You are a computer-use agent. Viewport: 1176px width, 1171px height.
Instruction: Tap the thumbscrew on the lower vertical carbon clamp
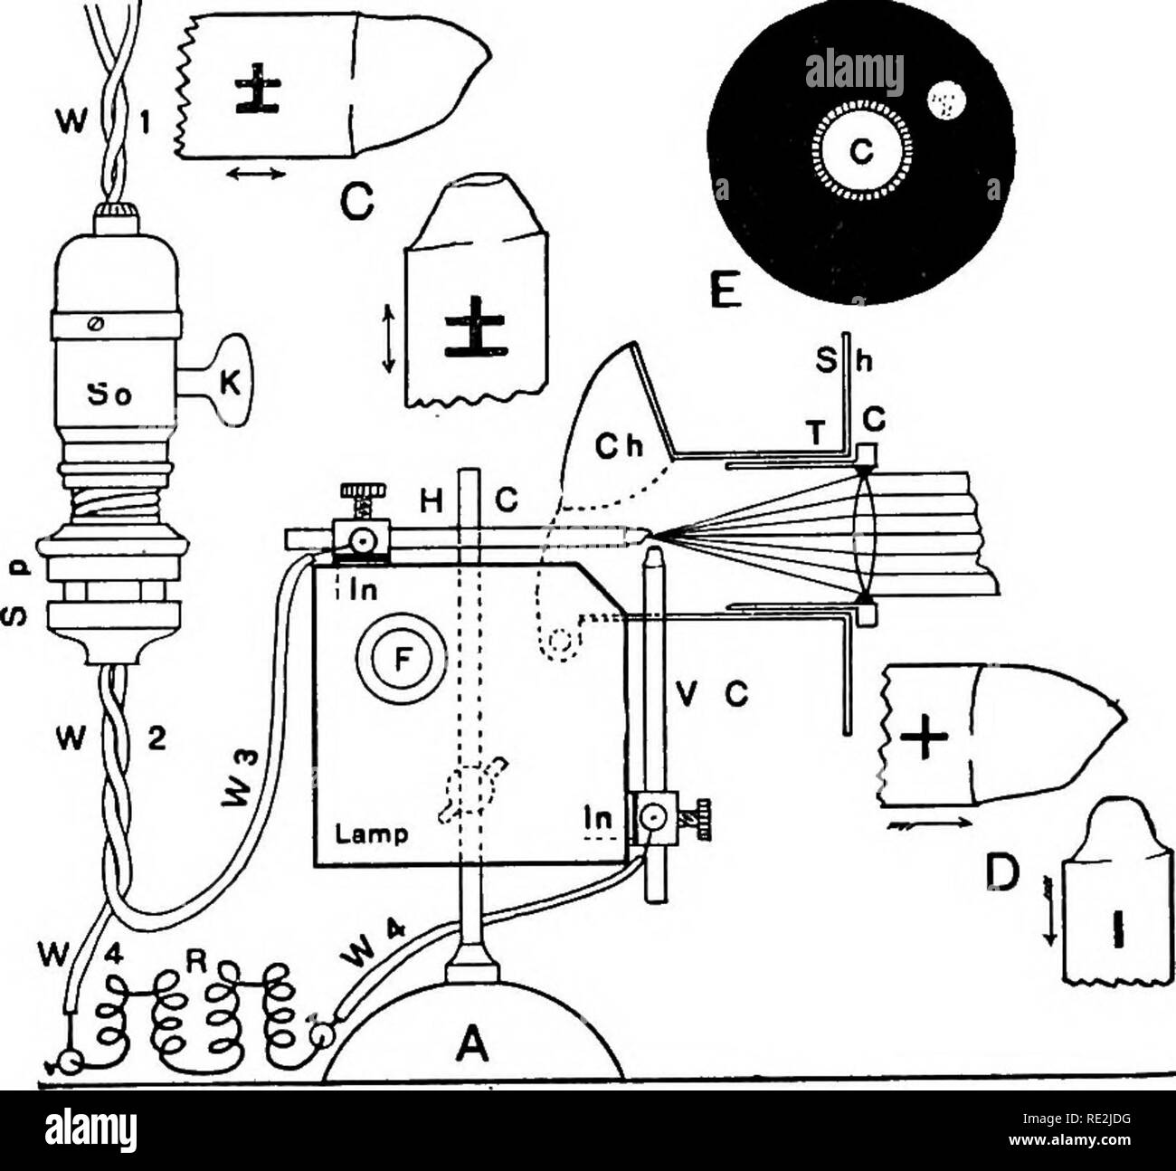(691, 818)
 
